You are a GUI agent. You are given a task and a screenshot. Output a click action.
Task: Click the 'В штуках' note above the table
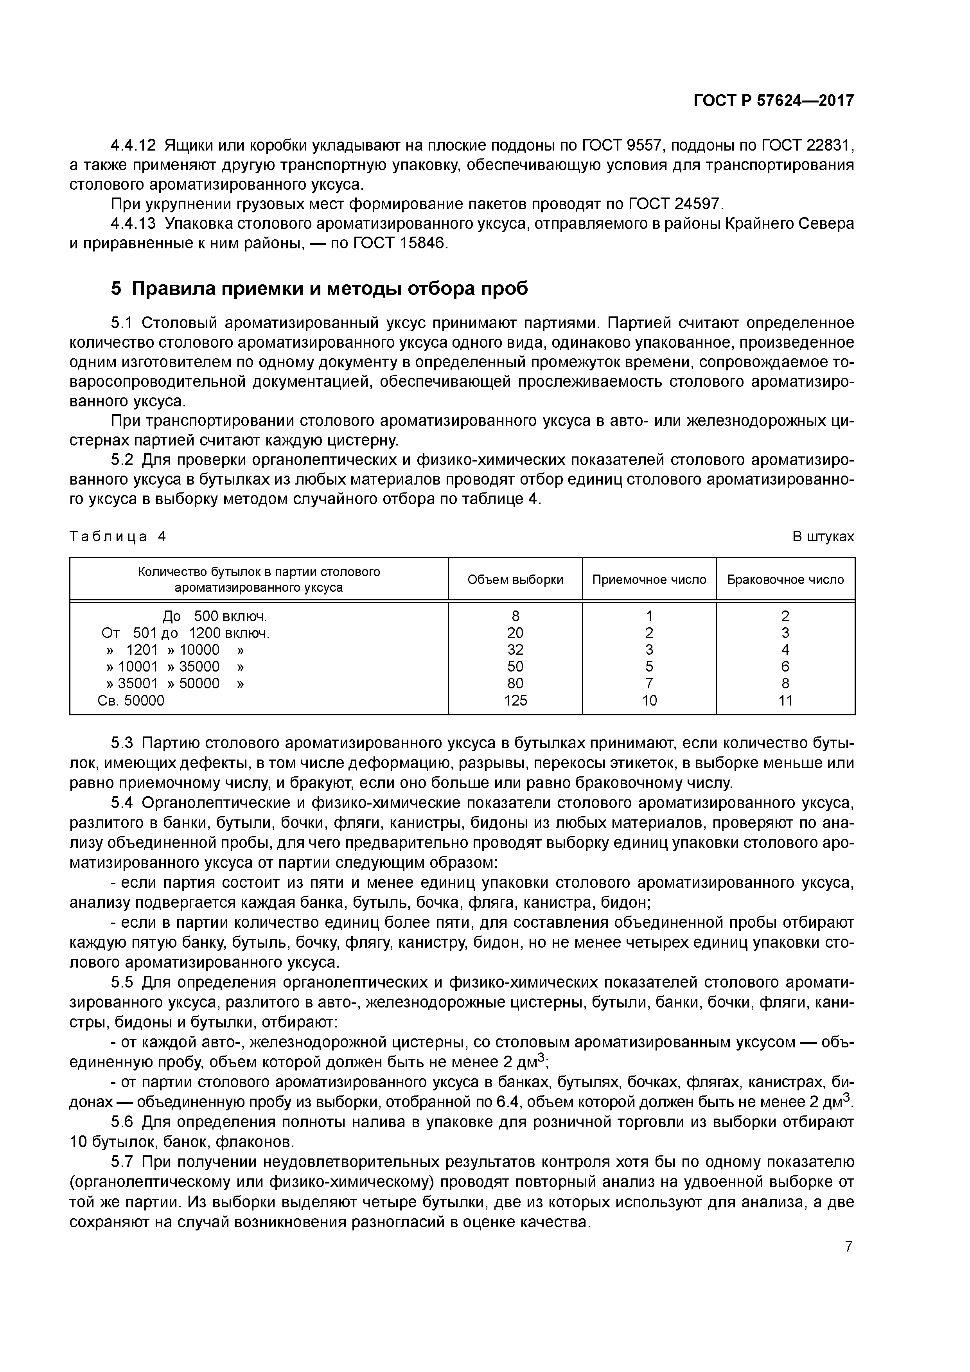823,537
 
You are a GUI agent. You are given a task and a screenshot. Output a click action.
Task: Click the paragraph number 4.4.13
133,224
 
